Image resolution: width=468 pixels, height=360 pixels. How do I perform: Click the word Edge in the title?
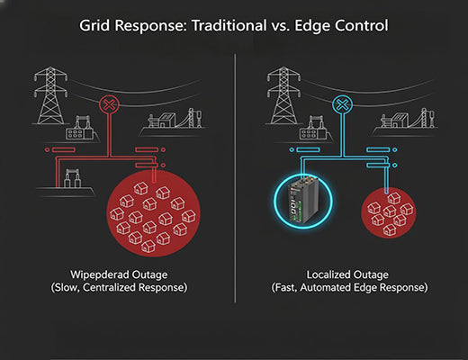coord(315,25)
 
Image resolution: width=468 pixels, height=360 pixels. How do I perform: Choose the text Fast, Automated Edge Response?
coord(349,289)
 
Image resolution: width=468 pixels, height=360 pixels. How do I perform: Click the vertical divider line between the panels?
coord(235,180)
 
